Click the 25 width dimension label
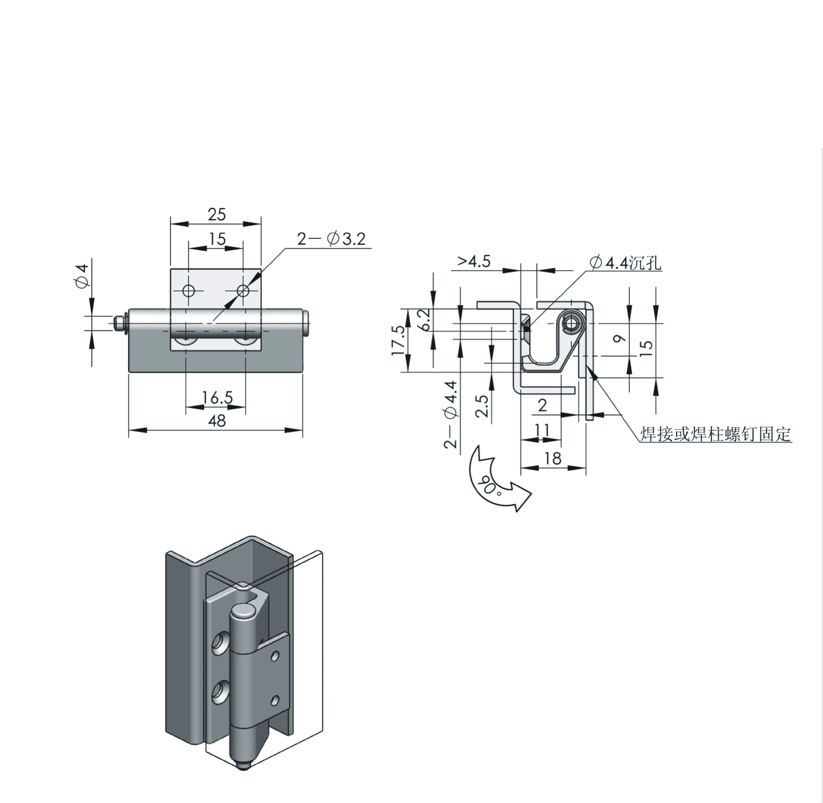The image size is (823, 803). pos(217,215)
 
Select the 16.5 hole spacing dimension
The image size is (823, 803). pos(217,397)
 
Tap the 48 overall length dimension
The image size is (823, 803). pos(217,421)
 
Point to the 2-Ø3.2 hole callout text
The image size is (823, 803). pos(332,239)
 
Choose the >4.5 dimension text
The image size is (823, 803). pos(474,261)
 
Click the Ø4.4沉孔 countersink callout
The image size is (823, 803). pos(625,262)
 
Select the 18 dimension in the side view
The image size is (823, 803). pos(553,458)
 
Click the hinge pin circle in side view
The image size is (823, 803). pos(573,322)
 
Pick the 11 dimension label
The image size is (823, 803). pos(542,430)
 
